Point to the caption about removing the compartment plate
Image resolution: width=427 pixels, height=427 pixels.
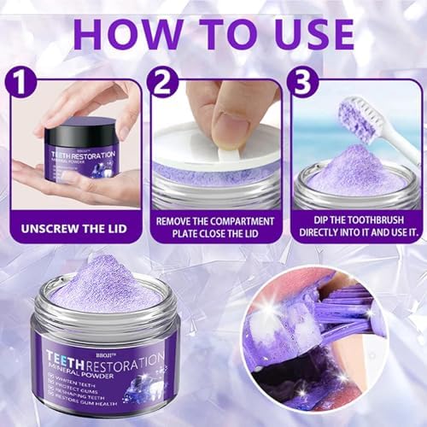point(214,228)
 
